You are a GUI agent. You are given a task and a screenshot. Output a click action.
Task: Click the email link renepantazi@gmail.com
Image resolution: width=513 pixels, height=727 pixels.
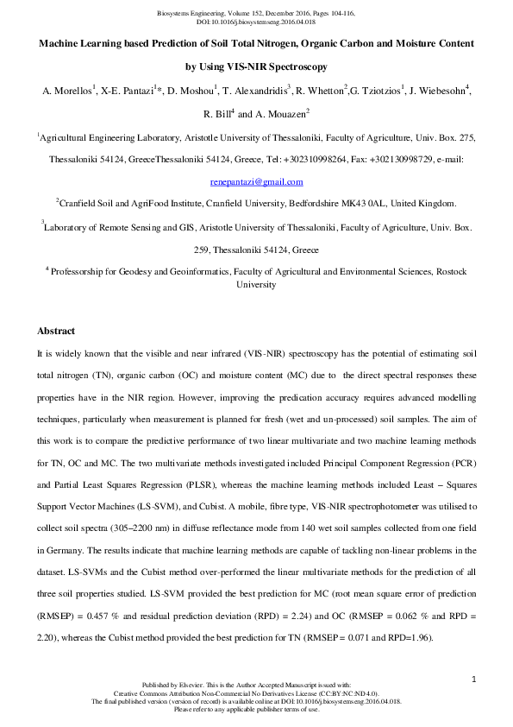(x=257, y=182)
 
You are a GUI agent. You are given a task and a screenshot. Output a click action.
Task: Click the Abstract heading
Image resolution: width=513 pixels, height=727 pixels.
(x=56, y=332)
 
